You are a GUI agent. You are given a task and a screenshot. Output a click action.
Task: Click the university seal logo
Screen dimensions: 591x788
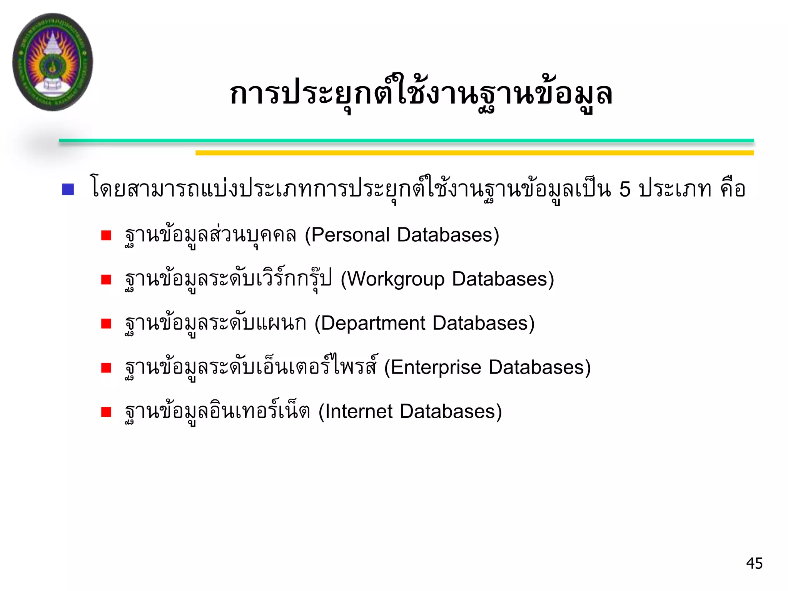[53, 62]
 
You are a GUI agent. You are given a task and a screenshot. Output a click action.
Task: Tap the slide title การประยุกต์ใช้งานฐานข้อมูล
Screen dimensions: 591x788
[421, 93]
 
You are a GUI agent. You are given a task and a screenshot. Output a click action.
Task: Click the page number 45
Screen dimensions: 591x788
[754, 563]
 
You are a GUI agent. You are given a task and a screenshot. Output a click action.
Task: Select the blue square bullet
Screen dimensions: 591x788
[68, 189]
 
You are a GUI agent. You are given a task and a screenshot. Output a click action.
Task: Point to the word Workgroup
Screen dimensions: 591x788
[396, 279]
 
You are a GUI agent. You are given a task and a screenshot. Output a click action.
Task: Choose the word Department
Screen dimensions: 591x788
[373, 323]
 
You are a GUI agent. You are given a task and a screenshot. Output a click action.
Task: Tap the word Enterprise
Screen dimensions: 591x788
[436, 367]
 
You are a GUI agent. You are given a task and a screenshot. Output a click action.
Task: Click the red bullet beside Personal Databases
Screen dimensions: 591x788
[106, 235]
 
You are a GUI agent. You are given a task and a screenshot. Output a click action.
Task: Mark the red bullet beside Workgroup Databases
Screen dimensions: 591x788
[106, 280]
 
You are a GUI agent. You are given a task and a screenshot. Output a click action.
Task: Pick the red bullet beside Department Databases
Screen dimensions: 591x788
[106, 324]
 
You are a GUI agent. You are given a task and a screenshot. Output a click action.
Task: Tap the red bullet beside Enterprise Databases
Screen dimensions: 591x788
[106, 368]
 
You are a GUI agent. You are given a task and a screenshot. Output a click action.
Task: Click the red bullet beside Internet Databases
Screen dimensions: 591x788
[106, 412]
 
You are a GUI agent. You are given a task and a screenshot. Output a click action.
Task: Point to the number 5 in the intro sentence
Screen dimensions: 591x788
[625, 189]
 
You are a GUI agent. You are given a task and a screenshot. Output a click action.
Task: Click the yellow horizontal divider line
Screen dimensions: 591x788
[474, 153]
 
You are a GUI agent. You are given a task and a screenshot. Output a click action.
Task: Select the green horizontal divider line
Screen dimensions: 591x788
[406, 141]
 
